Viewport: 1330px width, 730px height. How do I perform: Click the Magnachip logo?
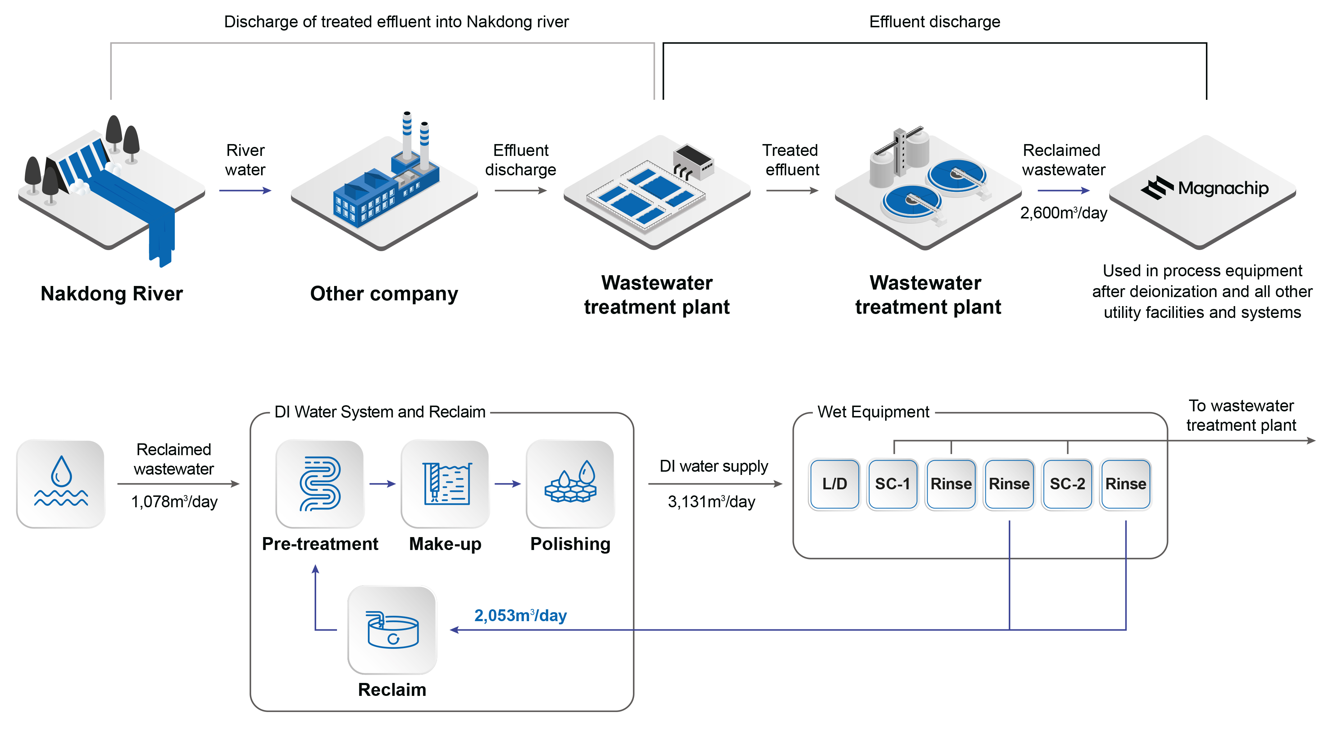coord(1204,188)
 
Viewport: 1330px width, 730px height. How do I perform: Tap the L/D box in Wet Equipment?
coord(834,484)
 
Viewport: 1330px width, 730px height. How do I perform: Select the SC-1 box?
coord(892,484)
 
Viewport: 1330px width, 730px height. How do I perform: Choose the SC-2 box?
coord(1067,484)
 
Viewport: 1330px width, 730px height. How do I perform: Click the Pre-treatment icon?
coord(320,484)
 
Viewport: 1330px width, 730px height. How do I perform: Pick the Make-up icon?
coord(445,484)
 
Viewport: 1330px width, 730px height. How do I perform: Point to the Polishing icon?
coord(570,484)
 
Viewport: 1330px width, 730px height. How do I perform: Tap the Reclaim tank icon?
coord(392,630)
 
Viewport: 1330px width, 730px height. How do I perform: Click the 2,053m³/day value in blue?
coord(520,615)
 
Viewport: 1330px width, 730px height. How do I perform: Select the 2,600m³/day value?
coord(1063,213)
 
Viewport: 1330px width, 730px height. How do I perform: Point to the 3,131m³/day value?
coord(711,502)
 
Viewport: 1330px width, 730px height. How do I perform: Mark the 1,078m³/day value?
coord(174,502)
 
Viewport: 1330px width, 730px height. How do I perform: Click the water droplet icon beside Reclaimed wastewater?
coord(61,484)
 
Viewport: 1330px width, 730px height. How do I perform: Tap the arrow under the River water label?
coord(245,190)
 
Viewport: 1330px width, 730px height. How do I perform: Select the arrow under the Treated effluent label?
coord(792,190)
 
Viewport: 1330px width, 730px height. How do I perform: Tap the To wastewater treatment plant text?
coord(1241,415)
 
